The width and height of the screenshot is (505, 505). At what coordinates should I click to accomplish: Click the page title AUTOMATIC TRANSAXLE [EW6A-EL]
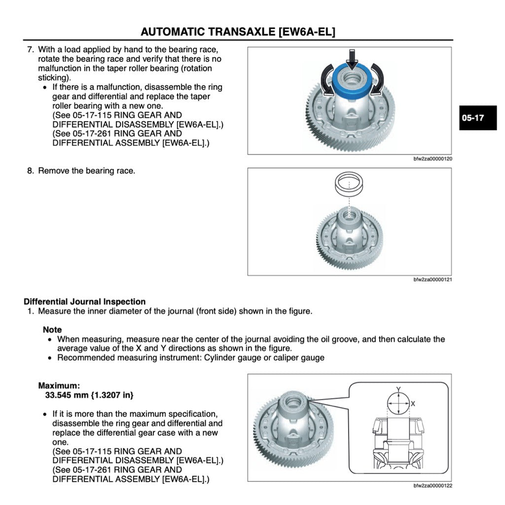click(238, 32)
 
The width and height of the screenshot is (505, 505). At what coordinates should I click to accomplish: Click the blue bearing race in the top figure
click(352, 86)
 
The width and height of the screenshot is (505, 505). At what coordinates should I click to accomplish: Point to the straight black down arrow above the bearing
click(352, 59)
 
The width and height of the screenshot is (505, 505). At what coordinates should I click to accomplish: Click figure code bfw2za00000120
click(433, 159)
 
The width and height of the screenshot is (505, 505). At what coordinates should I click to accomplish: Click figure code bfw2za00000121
click(433, 280)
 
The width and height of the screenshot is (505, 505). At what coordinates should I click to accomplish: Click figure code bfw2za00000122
click(433, 486)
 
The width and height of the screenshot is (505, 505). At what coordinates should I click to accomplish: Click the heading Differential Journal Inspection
click(84, 301)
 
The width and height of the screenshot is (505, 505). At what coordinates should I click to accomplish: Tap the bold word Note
click(52, 329)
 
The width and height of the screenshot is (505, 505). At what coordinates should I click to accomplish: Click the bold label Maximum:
click(59, 386)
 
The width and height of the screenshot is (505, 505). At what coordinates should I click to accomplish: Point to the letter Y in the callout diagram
click(398, 389)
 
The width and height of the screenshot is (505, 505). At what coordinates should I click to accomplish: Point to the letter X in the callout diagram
click(413, 403)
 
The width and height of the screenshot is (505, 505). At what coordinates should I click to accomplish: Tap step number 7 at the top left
click(30, 50)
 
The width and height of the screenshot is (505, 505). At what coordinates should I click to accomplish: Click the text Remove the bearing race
click(86, 171)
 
